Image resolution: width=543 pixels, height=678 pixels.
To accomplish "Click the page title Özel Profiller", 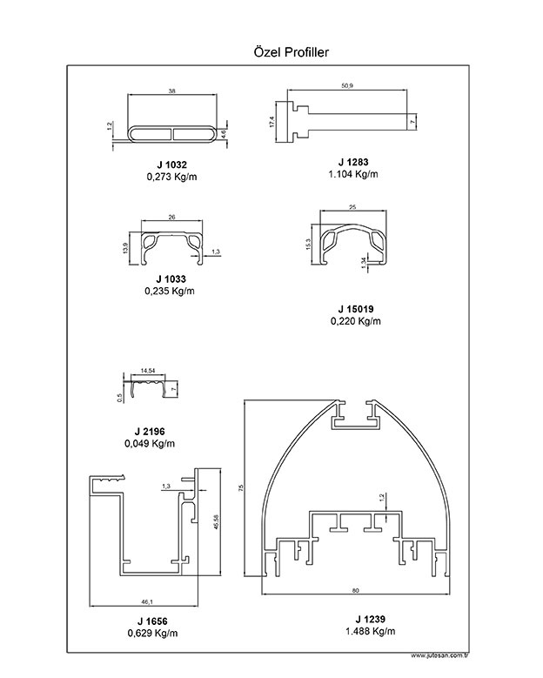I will pos(287,53).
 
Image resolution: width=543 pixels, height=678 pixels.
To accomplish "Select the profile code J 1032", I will pos(172,164).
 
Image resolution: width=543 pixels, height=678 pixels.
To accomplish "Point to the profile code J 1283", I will pos(354,162).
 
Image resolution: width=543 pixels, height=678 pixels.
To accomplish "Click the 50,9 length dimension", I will pos(348,85).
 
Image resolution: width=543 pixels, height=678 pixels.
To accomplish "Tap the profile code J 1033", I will pos(172,279).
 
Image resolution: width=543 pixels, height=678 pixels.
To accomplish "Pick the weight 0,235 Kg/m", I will pos(171,291).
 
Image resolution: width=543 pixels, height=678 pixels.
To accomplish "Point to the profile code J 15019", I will pos(356,309).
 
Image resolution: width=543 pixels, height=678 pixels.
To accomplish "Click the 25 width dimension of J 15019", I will pos(352,206).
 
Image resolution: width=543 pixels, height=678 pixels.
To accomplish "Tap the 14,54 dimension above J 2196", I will pos(148,371).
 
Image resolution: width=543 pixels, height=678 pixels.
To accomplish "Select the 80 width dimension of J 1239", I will pos(355,591).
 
